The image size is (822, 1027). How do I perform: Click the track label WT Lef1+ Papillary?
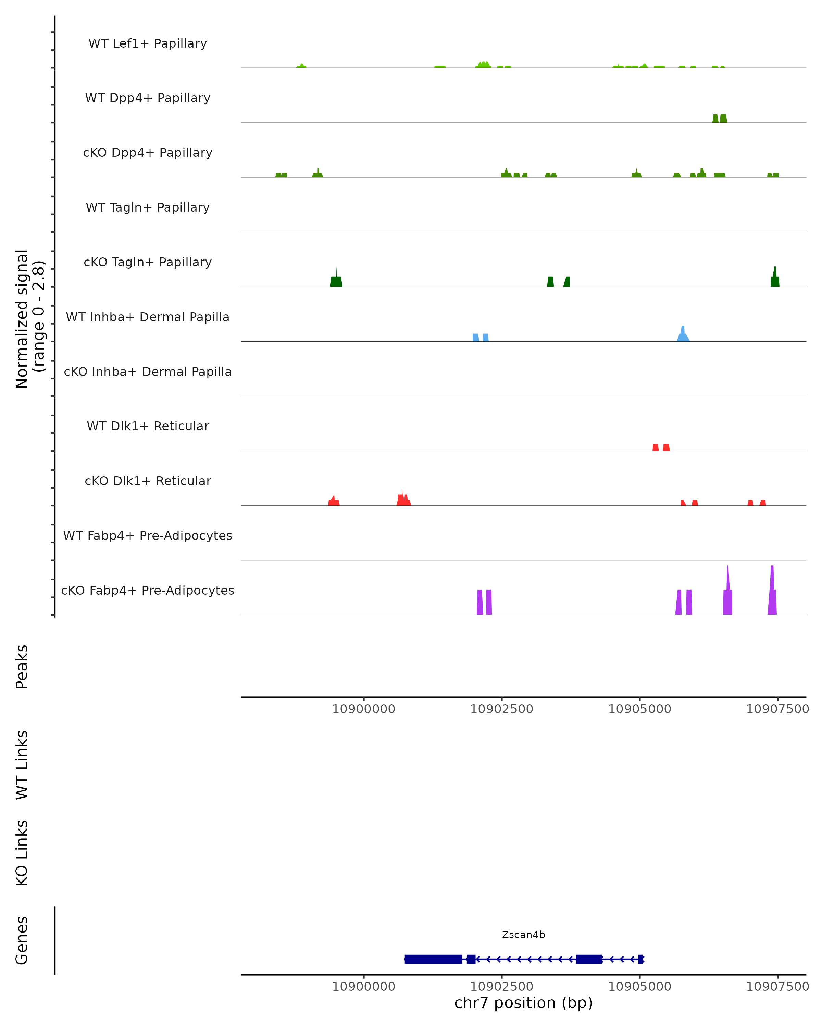pos(148,43)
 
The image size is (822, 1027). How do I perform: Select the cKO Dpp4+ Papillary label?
pos(148,153)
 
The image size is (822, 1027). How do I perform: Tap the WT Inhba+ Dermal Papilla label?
pos(148,317)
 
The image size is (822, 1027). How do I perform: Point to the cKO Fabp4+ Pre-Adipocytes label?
pos(148,591)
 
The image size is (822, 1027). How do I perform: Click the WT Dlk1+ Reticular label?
pos(148,426)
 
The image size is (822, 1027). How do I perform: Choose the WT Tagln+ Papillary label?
pos(148,208)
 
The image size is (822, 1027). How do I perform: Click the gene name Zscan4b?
pos(523,935)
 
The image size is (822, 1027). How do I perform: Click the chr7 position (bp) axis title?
pos(523,1003)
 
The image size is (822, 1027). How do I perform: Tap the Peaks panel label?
pos(22,667)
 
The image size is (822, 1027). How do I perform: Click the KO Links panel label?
pos(22,853)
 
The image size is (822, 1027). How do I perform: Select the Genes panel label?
pos(22,940)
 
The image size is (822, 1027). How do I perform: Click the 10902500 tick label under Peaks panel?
pos(501,709)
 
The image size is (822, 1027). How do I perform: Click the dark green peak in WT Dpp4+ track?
pos(720,118)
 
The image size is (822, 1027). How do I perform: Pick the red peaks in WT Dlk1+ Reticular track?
pos(661,447)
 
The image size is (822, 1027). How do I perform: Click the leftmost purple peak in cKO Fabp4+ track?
pos(480,603)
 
